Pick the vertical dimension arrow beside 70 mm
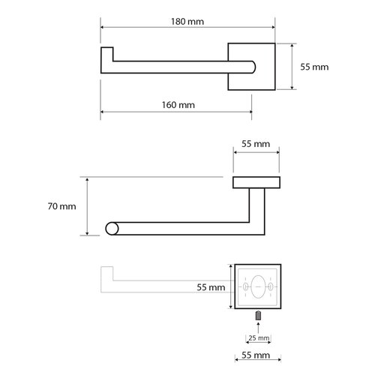tap(88, 206)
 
